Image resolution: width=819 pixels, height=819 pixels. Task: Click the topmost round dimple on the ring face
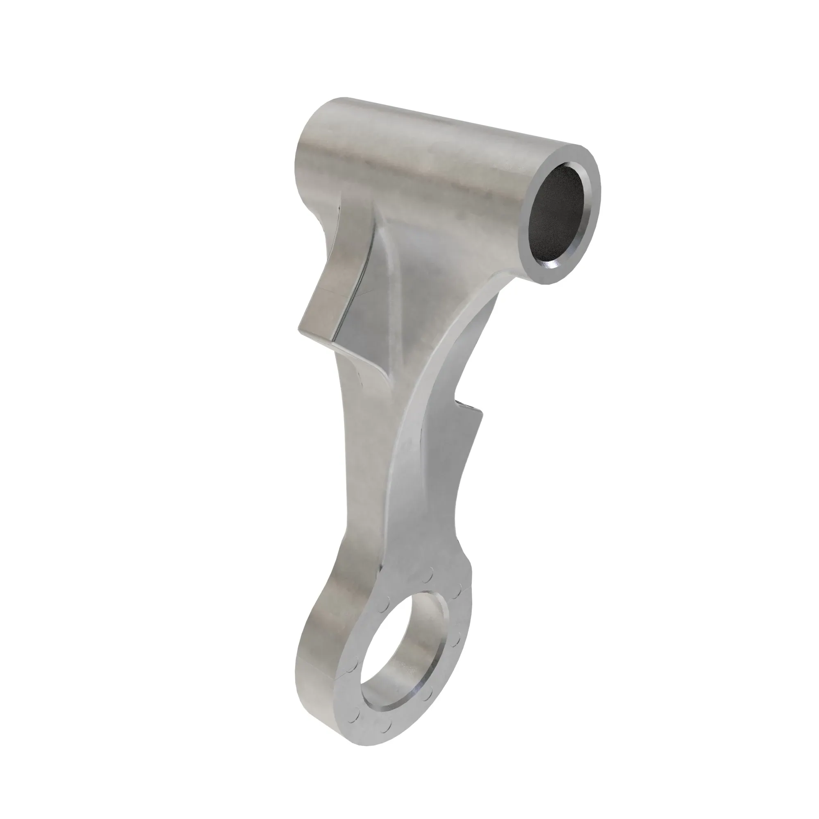pos(428,577)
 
